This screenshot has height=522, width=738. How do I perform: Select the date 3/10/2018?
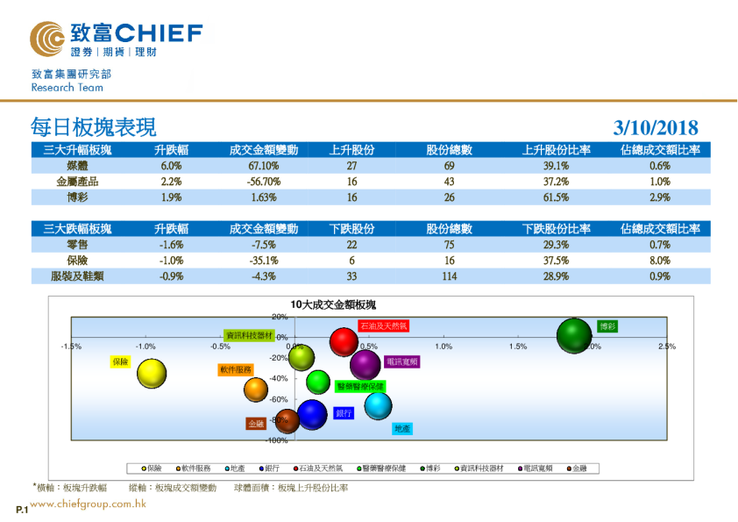[x=656, y=128]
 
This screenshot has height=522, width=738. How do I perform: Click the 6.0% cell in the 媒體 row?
[x=171, y=166]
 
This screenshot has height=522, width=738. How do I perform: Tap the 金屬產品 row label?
[x=77, y=182]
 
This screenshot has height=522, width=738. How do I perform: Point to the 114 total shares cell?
[x=449, y=276]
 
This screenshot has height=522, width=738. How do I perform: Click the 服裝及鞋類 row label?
[x=77, y=276]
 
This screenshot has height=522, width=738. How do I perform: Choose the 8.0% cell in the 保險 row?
[x=660, y=261]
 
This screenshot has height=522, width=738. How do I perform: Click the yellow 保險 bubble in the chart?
[x=152, y=374]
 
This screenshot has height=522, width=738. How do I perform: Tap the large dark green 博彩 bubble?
[x=575, y=335]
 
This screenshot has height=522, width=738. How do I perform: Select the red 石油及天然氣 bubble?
[x=344, y=342]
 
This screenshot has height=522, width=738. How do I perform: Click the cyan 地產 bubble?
[x=378, y=405]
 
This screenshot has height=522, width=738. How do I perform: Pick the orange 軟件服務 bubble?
[x=256, y=390]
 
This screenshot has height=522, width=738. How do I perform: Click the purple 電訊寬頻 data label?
[x=401, y=361]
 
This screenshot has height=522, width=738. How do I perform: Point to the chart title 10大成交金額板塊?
[x=332, y=304]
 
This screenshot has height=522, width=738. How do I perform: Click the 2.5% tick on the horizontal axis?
[x=666, y=347]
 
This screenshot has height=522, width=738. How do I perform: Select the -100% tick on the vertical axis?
[x=277, y=440]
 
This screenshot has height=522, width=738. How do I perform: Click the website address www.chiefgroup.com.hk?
[x=88, y=504]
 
